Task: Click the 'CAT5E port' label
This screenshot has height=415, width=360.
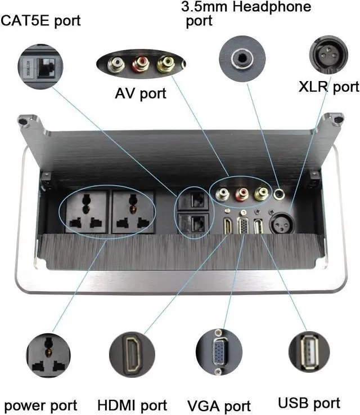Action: [41, 21]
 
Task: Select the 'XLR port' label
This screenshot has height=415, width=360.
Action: [328, 86]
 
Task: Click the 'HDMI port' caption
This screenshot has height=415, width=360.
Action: [132, 405]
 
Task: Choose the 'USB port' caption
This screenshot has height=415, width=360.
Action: [309, 403]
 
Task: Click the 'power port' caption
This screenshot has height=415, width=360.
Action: [40, 405]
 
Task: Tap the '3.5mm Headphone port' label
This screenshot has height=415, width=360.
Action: [245, 14]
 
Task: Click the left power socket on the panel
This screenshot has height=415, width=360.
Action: [85, 212]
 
